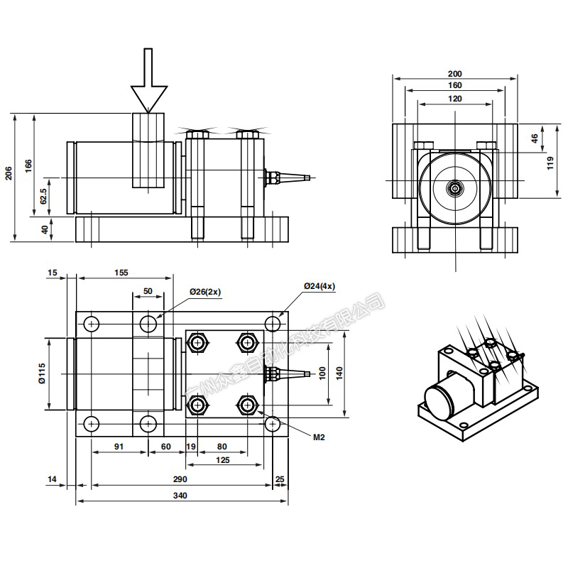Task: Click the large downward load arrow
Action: (x=148, y=82)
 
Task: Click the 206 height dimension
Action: (x=9, y=174)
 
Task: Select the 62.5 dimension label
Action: (x=44, y=196)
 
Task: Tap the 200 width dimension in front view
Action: (x=455, y=74)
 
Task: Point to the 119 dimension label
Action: (x=551, y=164)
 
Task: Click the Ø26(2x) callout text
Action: (x=206, y=292)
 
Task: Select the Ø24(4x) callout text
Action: (x=319, y=285)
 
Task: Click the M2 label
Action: (x=319, y=437)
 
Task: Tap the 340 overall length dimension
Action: (x=182, y=496)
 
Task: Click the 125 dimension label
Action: (x=222, y=460)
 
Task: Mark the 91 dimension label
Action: (x=119, y=447)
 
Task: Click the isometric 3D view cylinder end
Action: (x=439, y=398)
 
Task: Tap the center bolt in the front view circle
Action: (x=454, y=188)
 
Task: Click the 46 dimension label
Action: (x=535, y=139)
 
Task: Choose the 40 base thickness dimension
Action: (x=44, y=229)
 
